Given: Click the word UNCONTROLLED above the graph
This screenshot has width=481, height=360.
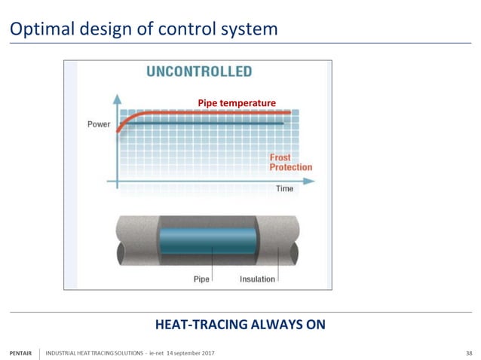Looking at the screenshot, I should click(198, 72).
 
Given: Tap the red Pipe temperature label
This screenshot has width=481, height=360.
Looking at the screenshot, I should click(237, 102).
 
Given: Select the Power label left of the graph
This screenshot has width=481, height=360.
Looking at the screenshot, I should click(99, 124).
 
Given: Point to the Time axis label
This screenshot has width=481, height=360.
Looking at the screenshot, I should click(284, 188).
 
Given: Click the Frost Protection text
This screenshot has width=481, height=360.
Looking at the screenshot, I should click(290, 162).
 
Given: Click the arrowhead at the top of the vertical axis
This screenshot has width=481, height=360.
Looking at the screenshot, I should click(117, 98).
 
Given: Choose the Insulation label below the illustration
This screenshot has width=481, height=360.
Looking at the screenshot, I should click(257, 279).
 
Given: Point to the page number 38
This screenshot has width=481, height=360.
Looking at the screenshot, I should click(469, 353).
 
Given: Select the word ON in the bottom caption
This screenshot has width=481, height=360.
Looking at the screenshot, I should click(316, 325).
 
